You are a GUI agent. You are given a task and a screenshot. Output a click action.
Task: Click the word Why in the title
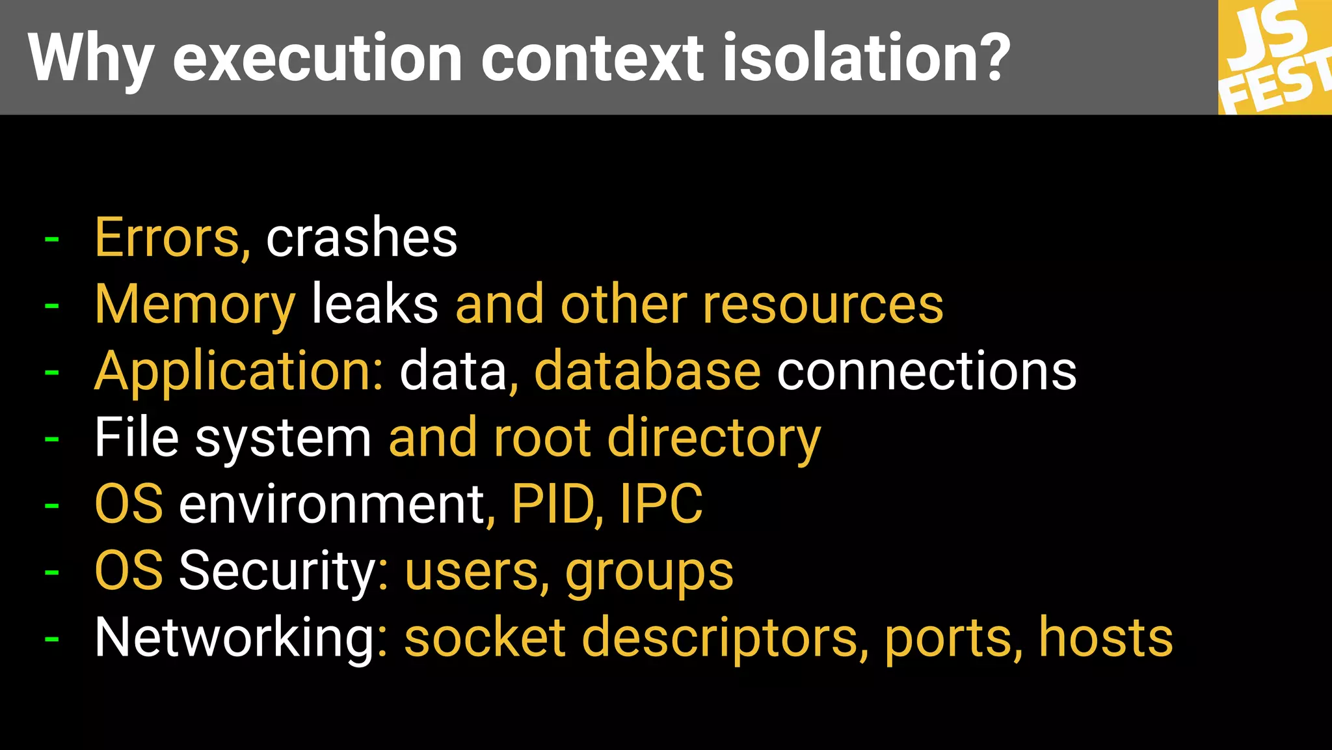point(91,59)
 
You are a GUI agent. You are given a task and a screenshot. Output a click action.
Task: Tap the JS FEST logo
point(1275,57)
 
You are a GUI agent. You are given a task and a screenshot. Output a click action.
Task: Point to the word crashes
point(362,238)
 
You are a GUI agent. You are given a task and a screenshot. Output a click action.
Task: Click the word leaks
point(375,305)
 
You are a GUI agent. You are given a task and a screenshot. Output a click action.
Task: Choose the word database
point(647,371)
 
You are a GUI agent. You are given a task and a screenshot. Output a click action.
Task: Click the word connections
point(927,371)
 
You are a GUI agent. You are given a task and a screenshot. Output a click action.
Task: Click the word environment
point(332,505)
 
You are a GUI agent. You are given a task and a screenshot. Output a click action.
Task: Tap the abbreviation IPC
point(661,505)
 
